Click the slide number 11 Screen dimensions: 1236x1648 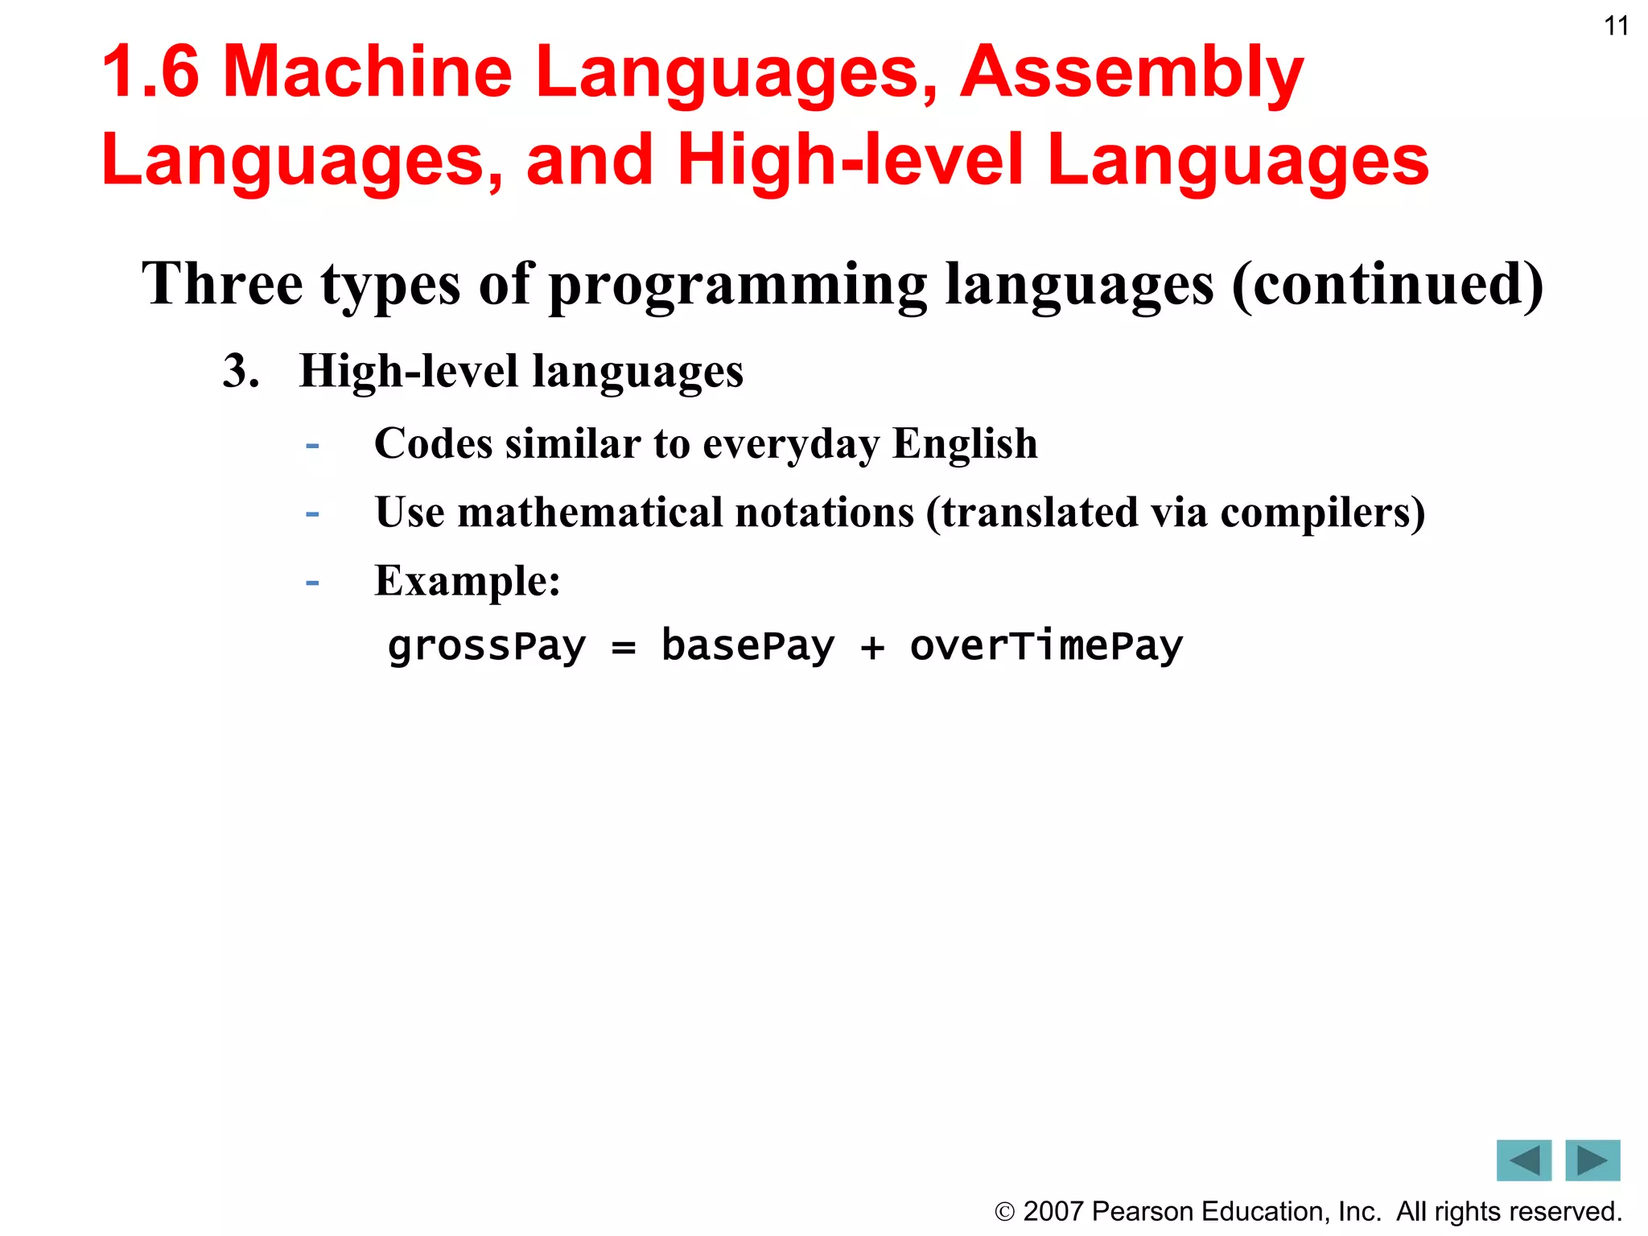tap(1616, 27)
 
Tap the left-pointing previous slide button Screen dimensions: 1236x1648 tap(1523, 1160)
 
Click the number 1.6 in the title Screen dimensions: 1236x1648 tap(150, 72)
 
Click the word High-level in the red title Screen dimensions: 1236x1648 tap(851, 160)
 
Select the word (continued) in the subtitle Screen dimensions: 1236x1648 tap(1387, 286)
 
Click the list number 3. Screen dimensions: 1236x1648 tap(241, 372)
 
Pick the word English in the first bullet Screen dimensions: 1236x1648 tap(965, 444)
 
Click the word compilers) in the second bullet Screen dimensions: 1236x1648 tap(1323, 513)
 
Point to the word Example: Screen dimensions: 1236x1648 tap(468, 581)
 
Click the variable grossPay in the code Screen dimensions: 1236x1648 tap(487, 646)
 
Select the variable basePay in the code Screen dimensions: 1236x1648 tap(748, 646)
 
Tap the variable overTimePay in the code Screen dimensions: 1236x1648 tap(1046, 646)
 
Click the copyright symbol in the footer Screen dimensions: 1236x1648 tap(1004, 1211)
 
